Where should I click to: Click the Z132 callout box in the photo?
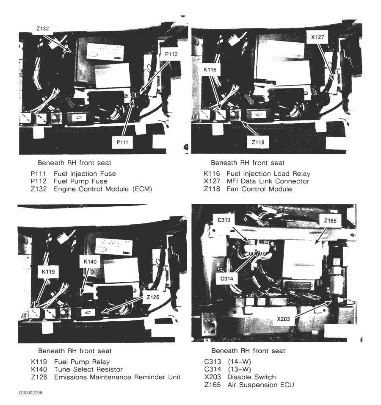tap(43, 29)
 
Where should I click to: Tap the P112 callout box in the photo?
tap(171, 54)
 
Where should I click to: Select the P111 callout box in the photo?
tap(122, 142)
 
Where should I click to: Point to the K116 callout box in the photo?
tap(210, 69)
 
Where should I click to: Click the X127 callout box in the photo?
tap(317, 37)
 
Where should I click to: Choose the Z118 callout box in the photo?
tap(258, 142)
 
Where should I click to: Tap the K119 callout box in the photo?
tap(48, 272)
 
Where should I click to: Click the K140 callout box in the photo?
tap(90, 262)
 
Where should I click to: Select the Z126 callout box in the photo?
tap(153, 297)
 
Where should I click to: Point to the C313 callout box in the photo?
tap(224, 220)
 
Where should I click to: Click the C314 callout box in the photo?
tap(226, 279)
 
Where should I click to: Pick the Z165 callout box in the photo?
tap(330, 221)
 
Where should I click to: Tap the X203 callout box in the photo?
tap(284, 319)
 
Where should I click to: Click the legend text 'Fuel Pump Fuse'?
tap(80, 181)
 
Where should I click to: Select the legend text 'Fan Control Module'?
tap(260, 189)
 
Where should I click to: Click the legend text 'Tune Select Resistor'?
tap(88, 369)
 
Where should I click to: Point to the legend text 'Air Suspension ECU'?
tap(261, 385)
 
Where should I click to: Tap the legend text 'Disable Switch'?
tap(252, 377)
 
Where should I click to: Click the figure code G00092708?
tap(30, 393)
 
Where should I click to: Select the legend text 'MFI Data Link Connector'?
tap(268, 181)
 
